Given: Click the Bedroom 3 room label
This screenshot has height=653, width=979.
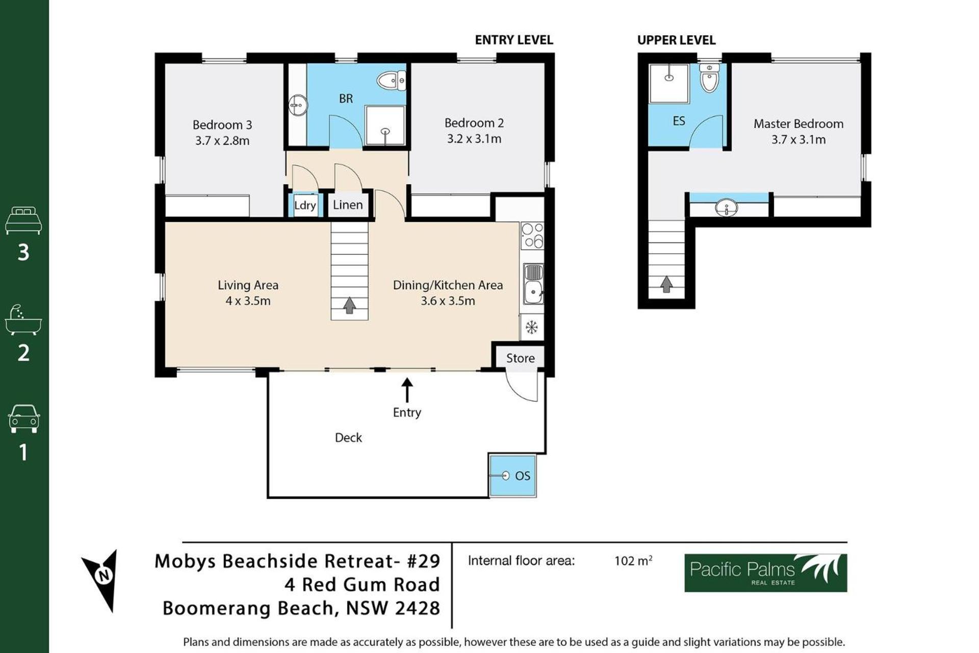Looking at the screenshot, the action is [x=222, y=125].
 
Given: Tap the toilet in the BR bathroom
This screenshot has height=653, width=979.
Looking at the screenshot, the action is [x=391, y=80].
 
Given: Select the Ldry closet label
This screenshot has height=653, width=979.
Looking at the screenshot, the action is [x=305, y=205].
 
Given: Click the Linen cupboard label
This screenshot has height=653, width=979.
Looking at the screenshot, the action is [x=348, y=205].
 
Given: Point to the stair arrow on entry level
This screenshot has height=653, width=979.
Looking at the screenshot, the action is [x=349, y=306].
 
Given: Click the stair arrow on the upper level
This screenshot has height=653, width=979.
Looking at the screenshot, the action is [x=666, y=284].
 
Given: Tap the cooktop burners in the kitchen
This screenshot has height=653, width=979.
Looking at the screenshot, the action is [x=532, y=236].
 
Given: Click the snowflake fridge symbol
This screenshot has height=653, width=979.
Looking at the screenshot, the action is [x=532, y=327].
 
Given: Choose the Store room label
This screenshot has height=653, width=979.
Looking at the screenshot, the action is [x=520, y=358].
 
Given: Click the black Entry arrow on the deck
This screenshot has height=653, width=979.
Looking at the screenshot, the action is [x=407, y=390].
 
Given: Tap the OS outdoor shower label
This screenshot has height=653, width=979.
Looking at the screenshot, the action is [x=523, y=476].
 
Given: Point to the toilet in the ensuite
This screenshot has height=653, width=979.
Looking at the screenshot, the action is [x=709, y=78].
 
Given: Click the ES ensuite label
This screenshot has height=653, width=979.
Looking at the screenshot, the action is [x=679, y=121].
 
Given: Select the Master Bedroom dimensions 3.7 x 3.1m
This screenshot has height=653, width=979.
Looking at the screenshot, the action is [x=798, y=140].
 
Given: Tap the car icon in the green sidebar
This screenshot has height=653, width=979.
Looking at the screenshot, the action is [x=23, y=419].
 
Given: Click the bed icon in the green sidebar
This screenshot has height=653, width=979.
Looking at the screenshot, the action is [x=23, y=220].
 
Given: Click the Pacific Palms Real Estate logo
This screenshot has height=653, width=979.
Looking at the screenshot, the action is [x=765, y=573].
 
